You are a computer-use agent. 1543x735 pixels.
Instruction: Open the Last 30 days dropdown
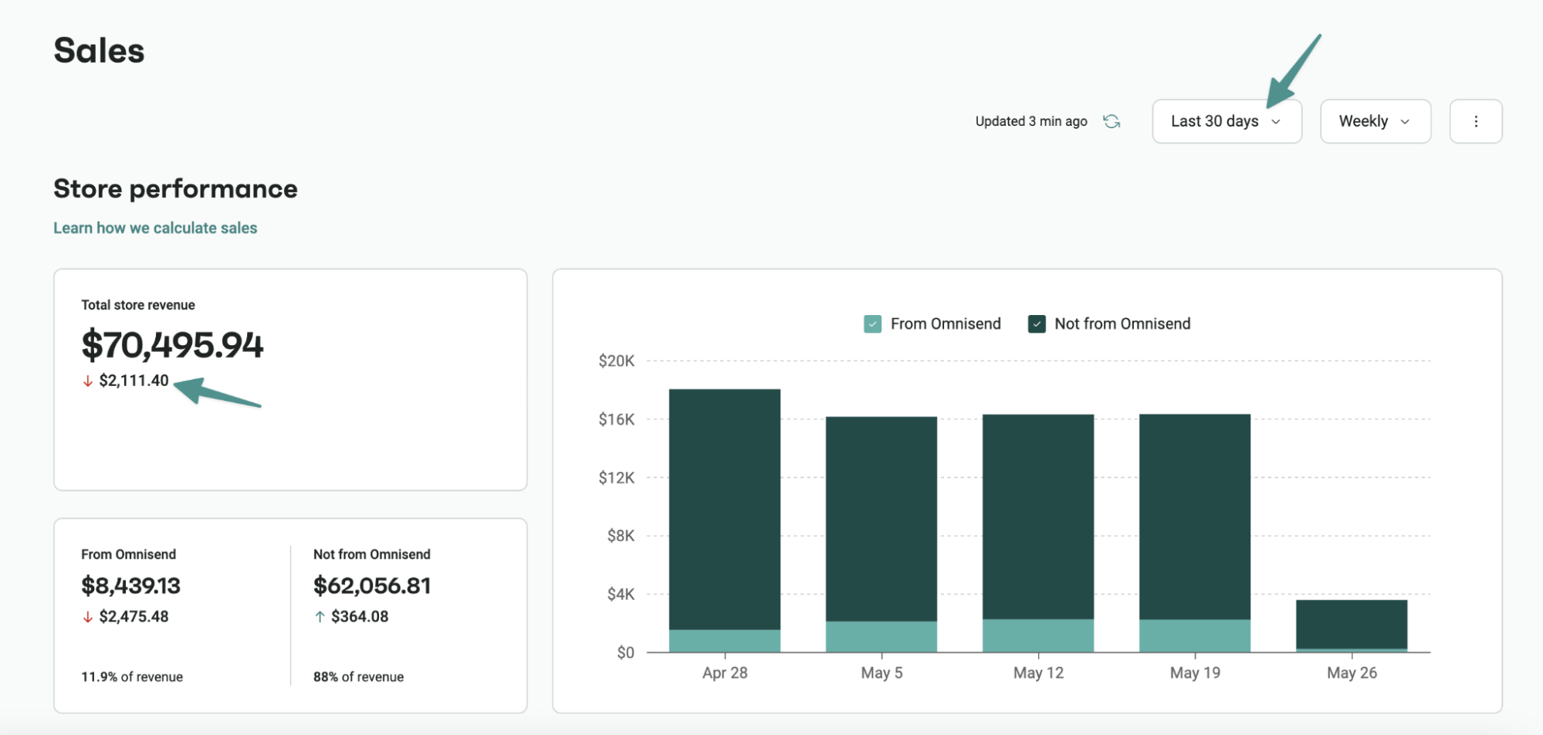[1226, 121]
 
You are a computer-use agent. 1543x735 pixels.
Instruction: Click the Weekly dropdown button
[1375, 121]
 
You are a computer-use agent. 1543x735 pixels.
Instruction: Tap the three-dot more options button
[1475, 121]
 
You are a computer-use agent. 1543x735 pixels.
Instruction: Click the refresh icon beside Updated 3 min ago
[1111, 121]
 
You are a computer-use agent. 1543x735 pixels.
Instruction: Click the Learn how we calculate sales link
[155, 228]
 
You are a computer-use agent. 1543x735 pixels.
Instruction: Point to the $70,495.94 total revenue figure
[172, 344]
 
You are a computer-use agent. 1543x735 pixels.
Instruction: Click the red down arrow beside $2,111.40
[88, 381]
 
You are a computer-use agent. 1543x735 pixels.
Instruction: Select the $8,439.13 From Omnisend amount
[130, 586]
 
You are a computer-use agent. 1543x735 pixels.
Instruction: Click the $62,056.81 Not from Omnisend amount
[372, 586]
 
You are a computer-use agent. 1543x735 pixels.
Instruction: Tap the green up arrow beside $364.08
[320, 617]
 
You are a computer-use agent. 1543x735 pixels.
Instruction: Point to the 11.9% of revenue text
[132, 677]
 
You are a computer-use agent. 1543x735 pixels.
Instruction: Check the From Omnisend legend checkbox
[872, 324]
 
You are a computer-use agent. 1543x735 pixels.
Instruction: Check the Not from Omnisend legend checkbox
[1037, 324]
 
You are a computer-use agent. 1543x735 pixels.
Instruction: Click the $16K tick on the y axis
[616, 419]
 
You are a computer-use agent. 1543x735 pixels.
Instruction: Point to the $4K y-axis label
[620, 594]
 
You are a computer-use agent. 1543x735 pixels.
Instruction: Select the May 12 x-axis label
[1037, 673]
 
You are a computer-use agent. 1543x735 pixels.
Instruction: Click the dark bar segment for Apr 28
[724, 510]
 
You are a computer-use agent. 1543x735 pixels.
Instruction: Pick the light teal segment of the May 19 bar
[1194, 636]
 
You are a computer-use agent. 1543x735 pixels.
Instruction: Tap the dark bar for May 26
[1351, 624]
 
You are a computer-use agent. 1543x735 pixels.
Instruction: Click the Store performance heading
[175, 189]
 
